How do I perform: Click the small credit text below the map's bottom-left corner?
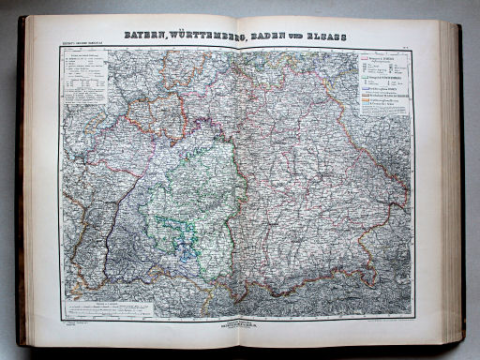74,322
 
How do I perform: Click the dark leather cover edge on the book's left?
21,187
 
